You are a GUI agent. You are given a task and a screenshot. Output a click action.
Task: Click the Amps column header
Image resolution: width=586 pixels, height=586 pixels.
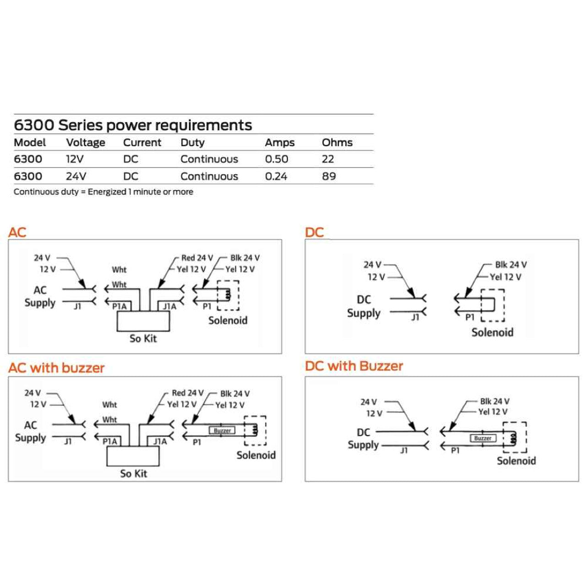click(279, 142)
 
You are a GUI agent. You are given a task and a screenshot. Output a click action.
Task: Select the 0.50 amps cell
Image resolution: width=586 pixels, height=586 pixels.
click(277, 159)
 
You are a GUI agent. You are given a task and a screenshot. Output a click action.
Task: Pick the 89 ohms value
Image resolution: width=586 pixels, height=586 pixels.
click(329, 176)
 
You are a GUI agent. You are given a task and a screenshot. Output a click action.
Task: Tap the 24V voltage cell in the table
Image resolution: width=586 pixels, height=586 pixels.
click(76, 176)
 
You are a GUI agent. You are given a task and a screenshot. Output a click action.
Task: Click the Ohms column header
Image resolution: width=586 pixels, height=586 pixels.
click(337, 142)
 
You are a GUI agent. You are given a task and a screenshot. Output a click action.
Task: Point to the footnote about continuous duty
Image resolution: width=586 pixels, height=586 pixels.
click(103, 192)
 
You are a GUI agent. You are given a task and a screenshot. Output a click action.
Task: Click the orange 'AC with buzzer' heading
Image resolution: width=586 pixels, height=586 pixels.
click(56, 368)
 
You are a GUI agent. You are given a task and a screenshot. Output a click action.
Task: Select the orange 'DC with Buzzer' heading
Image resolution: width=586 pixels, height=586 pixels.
click(354, 366)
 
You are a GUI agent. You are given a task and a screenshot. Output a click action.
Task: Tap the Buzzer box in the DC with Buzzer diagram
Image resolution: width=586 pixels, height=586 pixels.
click(483, 439)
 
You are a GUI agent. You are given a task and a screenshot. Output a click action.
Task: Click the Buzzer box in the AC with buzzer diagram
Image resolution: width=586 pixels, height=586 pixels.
click(222, 431)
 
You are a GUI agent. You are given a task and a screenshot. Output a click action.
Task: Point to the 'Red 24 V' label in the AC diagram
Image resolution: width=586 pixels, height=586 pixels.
click(197, 258)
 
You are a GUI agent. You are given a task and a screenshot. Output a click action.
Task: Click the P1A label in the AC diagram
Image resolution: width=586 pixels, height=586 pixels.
click(119, 307)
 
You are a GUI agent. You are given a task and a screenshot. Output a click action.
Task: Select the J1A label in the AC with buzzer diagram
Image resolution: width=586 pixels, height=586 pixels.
click(160, 441)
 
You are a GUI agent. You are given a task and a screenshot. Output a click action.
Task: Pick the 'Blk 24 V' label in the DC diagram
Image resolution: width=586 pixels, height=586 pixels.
click(510, 265)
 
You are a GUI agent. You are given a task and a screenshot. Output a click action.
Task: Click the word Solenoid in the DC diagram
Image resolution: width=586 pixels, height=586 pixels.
click(492, 332)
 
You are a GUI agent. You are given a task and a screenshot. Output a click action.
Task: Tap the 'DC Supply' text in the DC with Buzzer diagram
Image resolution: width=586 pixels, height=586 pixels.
click(364, 439)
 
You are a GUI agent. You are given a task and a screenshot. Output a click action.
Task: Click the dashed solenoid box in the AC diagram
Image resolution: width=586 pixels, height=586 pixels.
click(228, 295)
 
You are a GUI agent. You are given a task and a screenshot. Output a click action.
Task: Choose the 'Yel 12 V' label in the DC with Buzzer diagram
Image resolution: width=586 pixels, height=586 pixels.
click(493, 412)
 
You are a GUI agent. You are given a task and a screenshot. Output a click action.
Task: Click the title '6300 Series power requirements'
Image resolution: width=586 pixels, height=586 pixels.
click(133, 125)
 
